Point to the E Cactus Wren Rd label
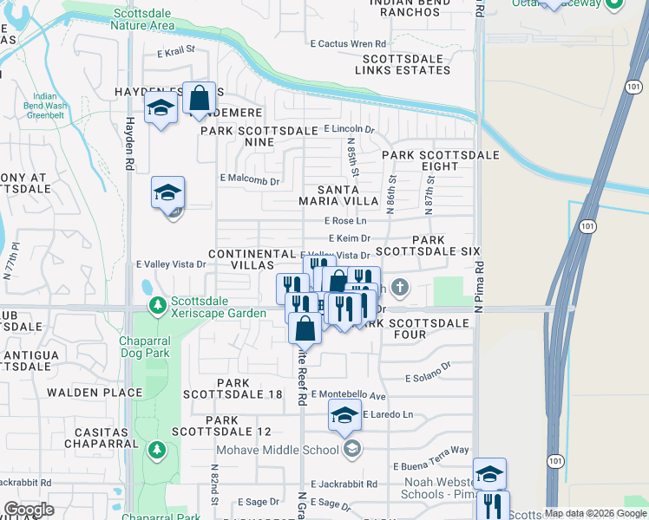tap(348, 43)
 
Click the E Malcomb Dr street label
tap(250, 181)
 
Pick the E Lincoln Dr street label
tap(348, 129)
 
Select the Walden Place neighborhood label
tap(95, 393)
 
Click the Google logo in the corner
tap(29, 510)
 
